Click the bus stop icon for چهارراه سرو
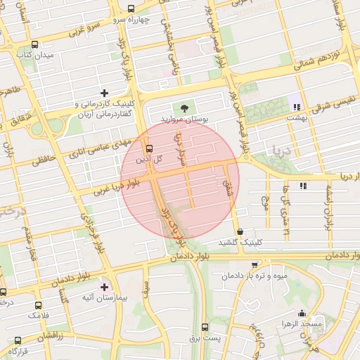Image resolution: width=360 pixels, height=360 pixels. pos(131,8)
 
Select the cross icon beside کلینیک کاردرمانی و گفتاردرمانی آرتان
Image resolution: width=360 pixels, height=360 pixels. pos(105,93)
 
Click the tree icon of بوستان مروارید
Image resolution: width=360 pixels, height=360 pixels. pos(184,108)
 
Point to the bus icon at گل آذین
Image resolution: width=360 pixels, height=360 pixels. pos(148,148)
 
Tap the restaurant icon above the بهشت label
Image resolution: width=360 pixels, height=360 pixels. pos(296,107)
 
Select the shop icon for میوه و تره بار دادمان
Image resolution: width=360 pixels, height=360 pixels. pos(255,265)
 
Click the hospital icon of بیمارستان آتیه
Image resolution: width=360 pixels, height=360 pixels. pos(105,287)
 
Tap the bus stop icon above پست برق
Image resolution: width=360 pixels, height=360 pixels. pos(205,327)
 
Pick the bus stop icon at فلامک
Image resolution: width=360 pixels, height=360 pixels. pos(38,305)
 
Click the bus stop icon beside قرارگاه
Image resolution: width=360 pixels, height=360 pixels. pos(13,340)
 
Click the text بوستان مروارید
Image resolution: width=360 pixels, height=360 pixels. pos(185,120)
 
